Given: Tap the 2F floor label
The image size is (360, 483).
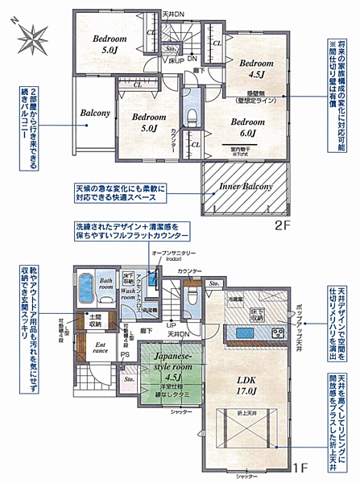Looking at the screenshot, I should pyautogui.click(x=282, y=226).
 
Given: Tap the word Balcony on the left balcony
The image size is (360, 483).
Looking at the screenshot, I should pyautogui.click(x=95, y=114).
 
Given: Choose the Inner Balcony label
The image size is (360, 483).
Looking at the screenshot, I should pyautogui.click(x=245, y=186).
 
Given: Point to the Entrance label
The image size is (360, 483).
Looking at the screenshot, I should pyautogui.click(x=101, y=349).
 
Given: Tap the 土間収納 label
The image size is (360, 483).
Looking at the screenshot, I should pyautogui.click(x=93, y=320).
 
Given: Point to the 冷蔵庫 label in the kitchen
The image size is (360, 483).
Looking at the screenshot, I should pyautogui.click(x=238, y=299).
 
